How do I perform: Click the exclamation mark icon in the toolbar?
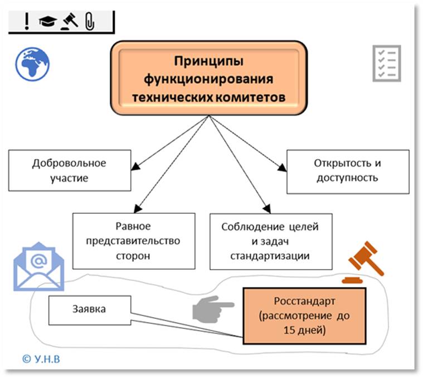pyautogui.click(x=26, y=21)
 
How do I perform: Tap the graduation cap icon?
pyautogui.click(x=48, y=21)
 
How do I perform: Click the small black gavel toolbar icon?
pyautogui.click(x=69, y=21)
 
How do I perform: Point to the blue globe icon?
pyautogui.click(x=32, y=63)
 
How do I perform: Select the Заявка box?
pyautogui.click(x=89, y=308)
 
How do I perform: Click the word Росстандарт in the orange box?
pyautogui.click(x=304, y=302)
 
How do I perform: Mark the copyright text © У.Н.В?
pyautogui.click(x=42, y=358)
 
